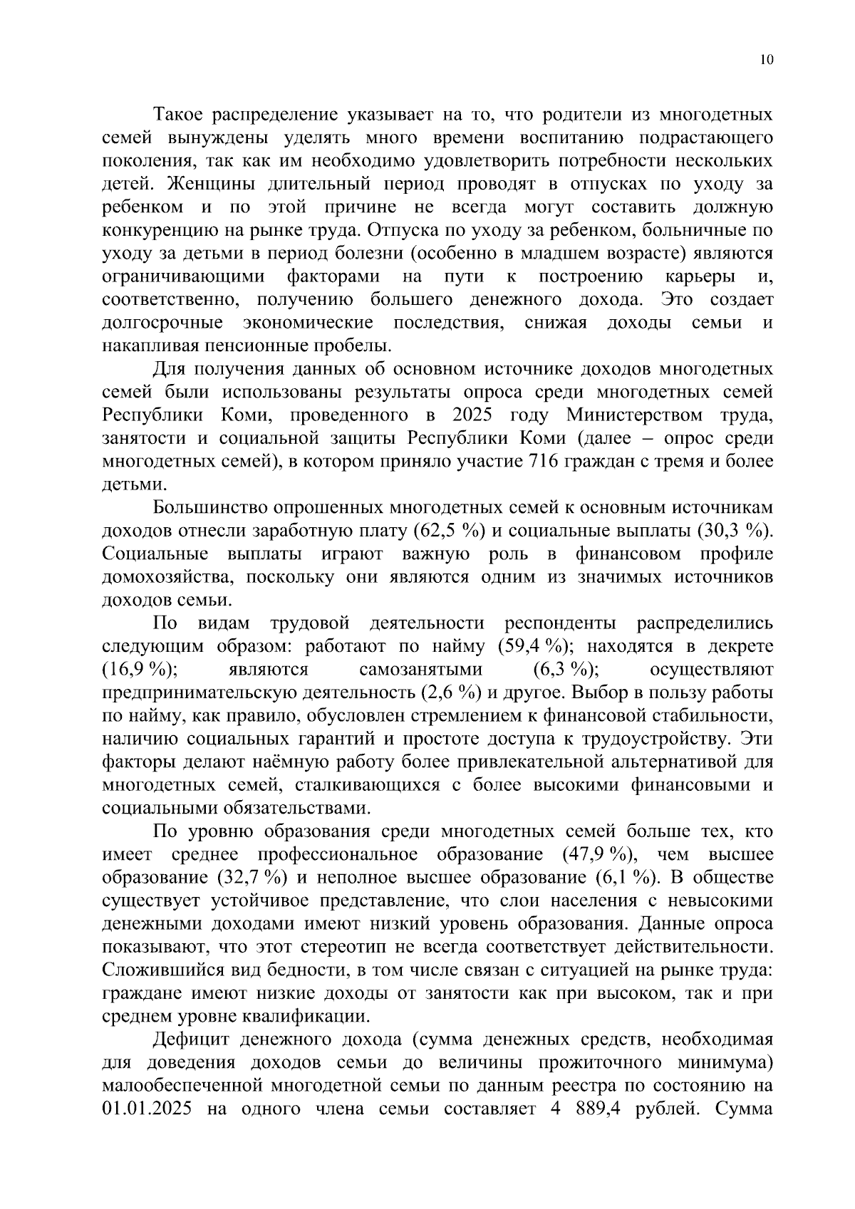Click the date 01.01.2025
147,1109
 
